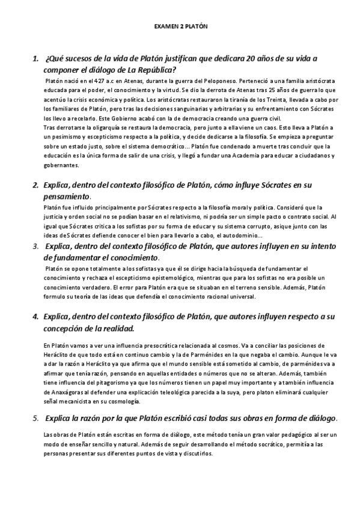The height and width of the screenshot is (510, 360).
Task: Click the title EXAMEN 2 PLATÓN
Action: point(180,26)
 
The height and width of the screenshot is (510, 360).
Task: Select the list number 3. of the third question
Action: point(35,247)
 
